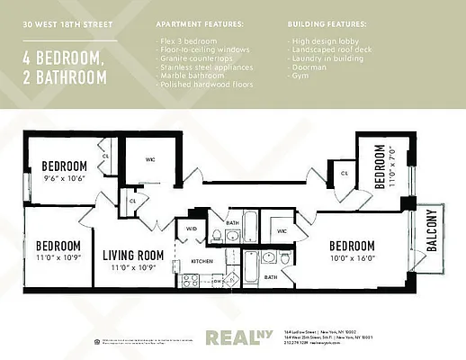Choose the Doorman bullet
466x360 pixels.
(309, 67)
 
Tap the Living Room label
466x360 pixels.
(132, 255)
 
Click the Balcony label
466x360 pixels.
(431, 232)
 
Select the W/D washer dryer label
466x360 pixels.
(191, 229)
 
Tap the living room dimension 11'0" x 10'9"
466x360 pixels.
(132, 267)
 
